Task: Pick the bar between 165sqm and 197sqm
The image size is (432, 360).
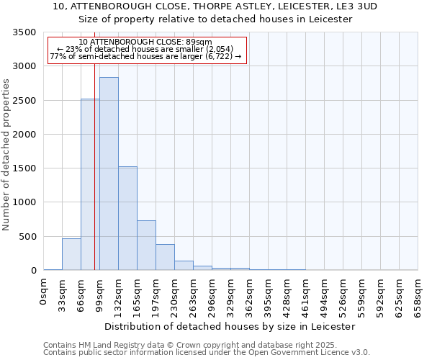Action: [x=146, y=245]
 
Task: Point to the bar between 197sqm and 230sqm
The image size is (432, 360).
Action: [x=165, y=257]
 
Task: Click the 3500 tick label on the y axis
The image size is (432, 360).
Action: [x=24, y=32]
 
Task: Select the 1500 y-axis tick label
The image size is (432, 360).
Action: [x=24, y=168]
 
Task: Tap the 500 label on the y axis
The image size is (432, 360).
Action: [x=27, y=237]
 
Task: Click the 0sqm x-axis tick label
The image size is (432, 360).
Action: [x=44, y=293]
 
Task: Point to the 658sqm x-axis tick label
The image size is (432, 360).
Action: [x=418, y=297]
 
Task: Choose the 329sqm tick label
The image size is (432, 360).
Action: [x=231, y=297]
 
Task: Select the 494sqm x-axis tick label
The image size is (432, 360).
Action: [x=325, y=297]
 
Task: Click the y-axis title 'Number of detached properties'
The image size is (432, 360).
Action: [x=7, y=156]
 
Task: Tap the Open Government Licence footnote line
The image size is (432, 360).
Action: [x=206, y=353]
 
